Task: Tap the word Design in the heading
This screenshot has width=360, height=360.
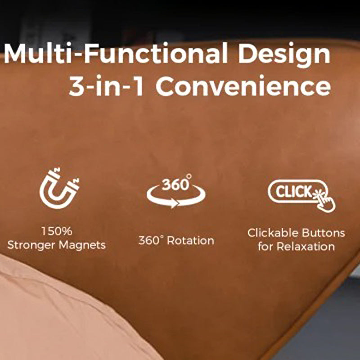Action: (284, 55)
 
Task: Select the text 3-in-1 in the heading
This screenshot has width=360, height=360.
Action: (107, 85)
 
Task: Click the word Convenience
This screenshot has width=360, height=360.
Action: (243, 85)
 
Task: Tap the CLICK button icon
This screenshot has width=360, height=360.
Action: (296, 191)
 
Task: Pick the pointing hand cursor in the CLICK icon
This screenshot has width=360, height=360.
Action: (325, 200)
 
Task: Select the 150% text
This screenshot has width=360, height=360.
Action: (57, 231)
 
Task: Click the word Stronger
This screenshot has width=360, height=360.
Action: (31, 245)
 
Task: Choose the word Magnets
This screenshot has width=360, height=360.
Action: (82, 245)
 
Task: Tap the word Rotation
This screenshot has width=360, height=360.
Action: (190, 241)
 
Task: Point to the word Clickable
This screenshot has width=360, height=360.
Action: (273, 233)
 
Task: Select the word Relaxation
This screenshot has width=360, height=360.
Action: (306, 246)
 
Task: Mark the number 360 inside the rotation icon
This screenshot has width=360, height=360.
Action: (175, 184)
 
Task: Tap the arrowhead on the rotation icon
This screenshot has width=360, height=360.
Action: (173, 203)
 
